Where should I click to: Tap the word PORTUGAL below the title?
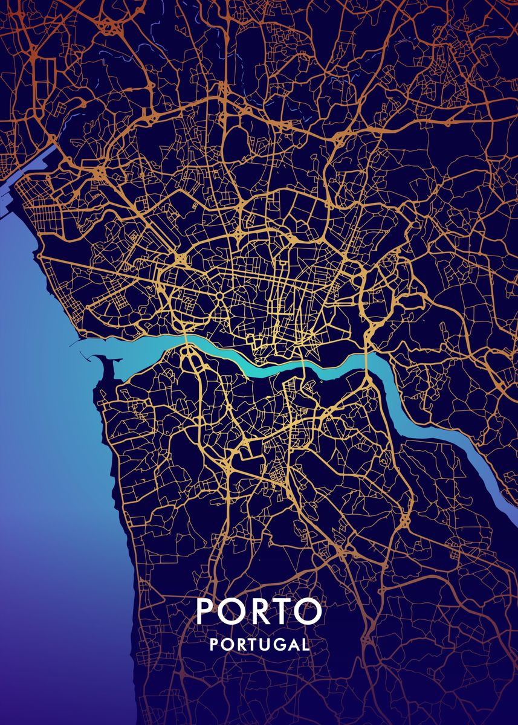pyautogui.click(x=259, y=644)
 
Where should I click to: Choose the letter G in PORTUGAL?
pyautogui.click(x=276, y=644)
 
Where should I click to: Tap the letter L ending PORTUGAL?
pyautogui.click(x=306, y=644)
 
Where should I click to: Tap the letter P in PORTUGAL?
pyautogui.click(x=213, y=644)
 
